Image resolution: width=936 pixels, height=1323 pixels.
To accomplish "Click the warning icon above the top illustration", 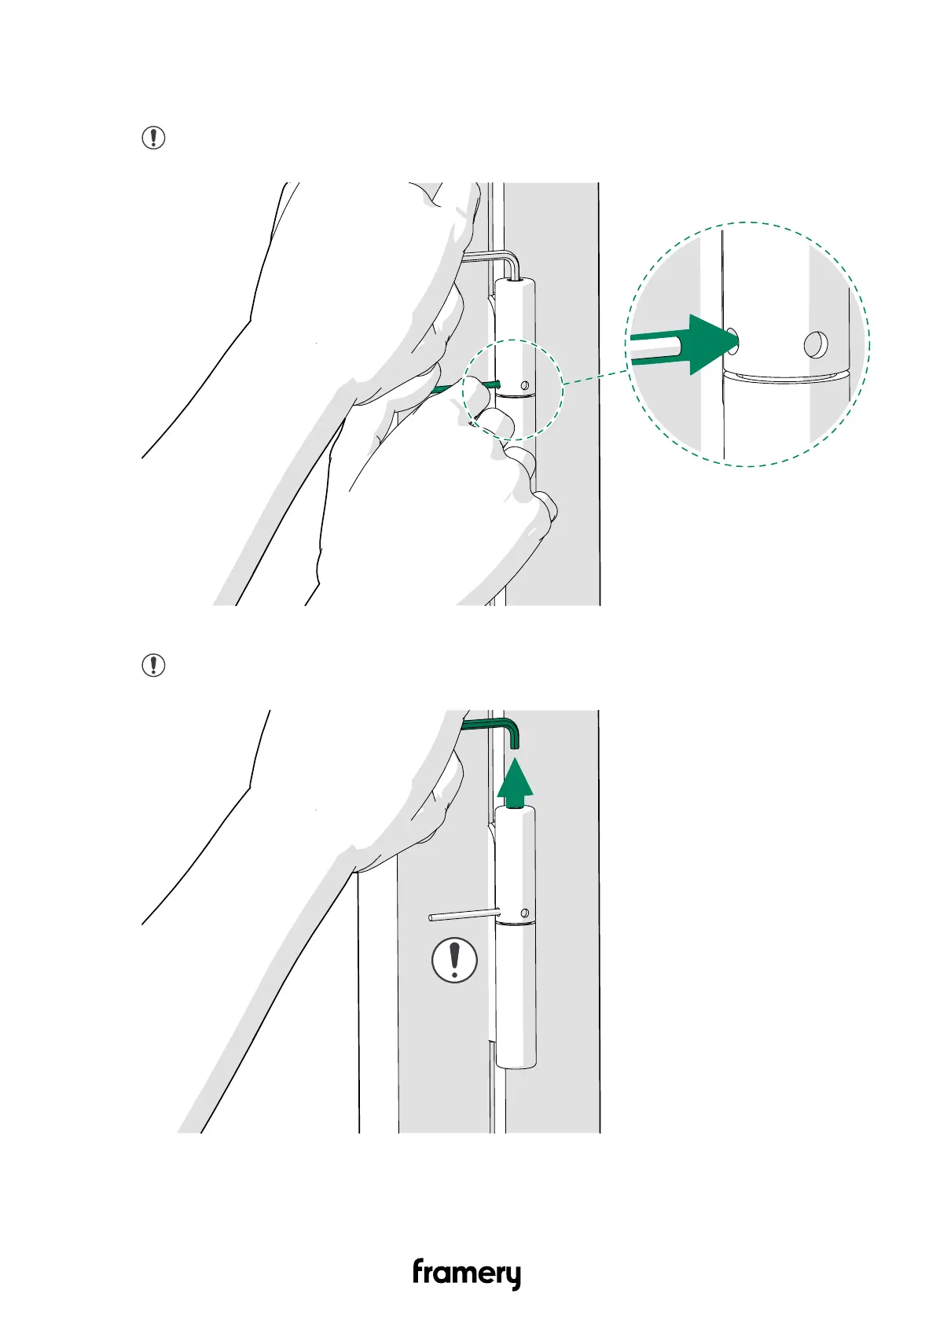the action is (x=153, y=138).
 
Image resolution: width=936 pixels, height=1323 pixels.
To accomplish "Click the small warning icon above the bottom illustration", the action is (x=153, y=665).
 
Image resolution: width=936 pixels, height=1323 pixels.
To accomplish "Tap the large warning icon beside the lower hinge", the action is (x=454, y=959).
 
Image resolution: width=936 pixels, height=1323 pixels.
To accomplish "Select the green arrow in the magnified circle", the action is (x=692, y=344).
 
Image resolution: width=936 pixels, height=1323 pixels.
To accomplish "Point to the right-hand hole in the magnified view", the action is (x=816, y=344).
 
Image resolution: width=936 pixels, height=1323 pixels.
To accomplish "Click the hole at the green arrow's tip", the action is (x=732, y=340).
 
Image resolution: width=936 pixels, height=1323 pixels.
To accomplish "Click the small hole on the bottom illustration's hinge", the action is (x=525, y=913).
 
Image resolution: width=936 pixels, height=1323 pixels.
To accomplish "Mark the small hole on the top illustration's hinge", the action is (x=525, y=386).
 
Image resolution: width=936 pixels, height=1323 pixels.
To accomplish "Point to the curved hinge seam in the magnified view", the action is (x=786, y=374).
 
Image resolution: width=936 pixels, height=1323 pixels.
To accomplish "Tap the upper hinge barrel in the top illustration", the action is (x=516, y=338).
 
